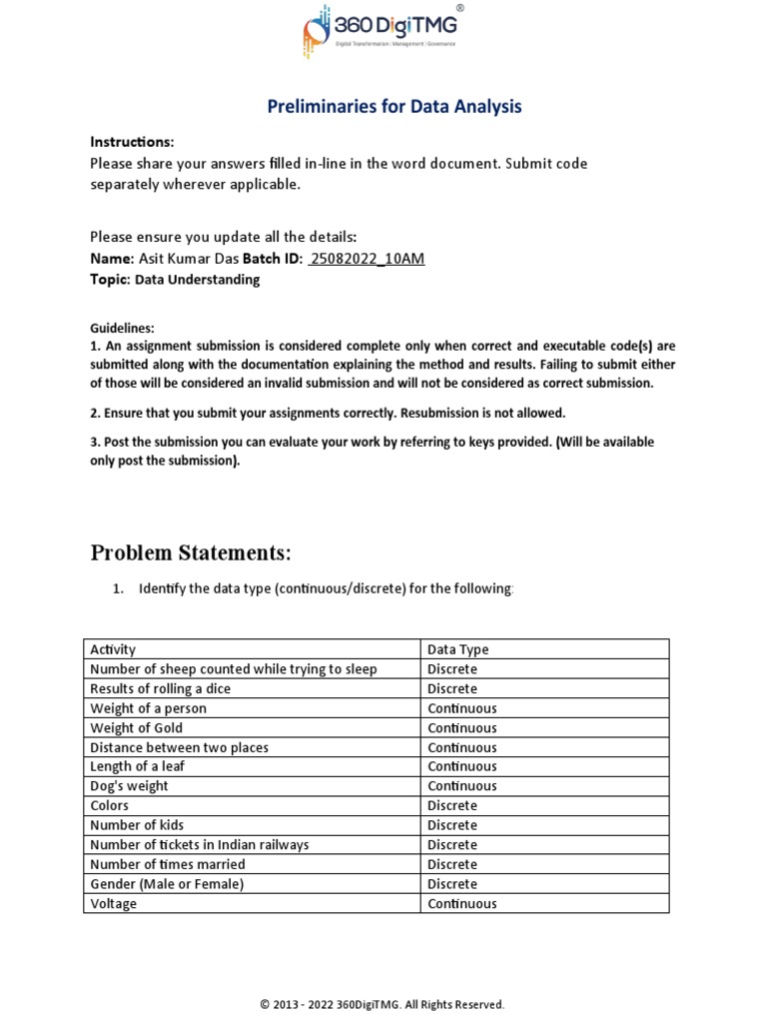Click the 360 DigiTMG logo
tap(383, 31)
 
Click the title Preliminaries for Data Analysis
tap(394, 107)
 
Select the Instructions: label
tap(132, 142)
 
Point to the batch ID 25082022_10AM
tap(367, 260)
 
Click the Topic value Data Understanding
tap(197, 280)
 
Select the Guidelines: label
tap(122, 328)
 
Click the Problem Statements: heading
tap(191, 552)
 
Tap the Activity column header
tap(113, 649)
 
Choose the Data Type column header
tap(458, 649)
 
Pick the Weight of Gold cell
tap(136, 727)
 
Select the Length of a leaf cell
tap(137, 766)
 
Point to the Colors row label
tap(109, 805)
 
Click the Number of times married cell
tap(167, 864)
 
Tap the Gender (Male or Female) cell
tap(167, 884)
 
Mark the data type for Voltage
tap(461, 904)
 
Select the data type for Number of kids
tap(452, 825)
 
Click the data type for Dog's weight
tap(461, 786)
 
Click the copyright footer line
tap(383, 1004)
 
